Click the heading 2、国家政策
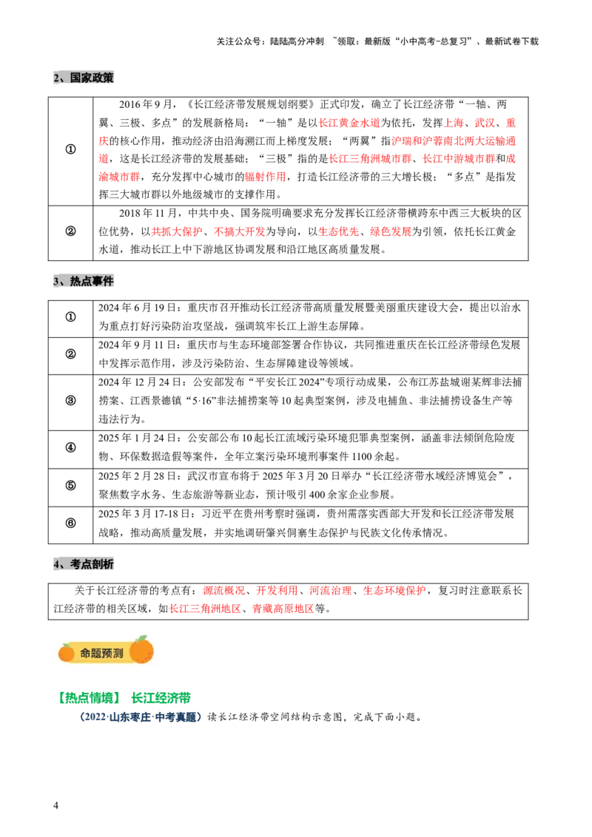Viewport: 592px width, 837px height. tap(84, 78)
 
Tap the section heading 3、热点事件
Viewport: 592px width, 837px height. tap(84, 281)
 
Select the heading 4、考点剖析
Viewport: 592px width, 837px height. tap(84, 564)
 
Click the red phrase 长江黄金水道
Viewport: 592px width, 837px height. tap(349, 123)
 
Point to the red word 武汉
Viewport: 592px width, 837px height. tap(485, 123)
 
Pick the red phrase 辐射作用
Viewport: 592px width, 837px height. tap(265, 176)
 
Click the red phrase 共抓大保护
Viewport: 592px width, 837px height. tap(177, 231)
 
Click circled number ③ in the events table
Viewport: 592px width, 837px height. tap(70, 400)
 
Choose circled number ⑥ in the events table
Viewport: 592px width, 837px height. tap(70, 523)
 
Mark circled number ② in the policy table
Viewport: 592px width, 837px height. tap(70, 231)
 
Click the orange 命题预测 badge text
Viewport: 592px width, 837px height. tap(101, 652)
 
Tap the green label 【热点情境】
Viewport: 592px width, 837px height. tap(90, 698)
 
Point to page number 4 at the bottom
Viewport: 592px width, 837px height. tap(55, 805)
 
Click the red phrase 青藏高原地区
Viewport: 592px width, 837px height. tap(283, 609)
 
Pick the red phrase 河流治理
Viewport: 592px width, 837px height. tap(331, 590)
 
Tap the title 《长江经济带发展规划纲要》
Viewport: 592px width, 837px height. tap(252, 104)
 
